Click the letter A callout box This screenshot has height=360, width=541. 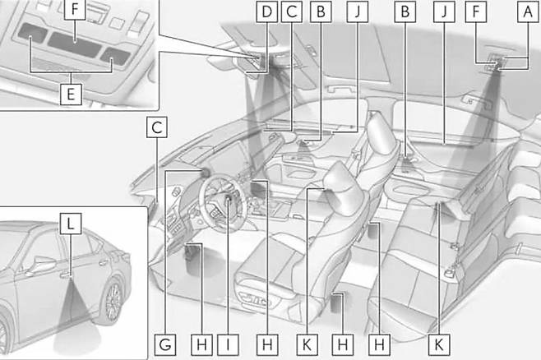[528, 12]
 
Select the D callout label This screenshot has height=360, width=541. [266, 12]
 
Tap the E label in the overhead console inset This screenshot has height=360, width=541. [71, 95]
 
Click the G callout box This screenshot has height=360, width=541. [165, 344]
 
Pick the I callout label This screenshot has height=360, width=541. [228, 344]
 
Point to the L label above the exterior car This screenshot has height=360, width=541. [71, 224]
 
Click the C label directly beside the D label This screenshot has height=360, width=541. [292, 12]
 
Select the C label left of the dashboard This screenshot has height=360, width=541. [157, 127]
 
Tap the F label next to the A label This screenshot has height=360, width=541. [476, 12]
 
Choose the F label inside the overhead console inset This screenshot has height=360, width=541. [75, 9]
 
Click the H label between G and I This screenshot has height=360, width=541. [201, 344]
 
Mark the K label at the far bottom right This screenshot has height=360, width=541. [439, 344]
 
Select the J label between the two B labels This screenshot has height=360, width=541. [358, 12]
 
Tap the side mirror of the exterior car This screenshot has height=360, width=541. [44, 264]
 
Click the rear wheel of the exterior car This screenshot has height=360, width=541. [112, 300]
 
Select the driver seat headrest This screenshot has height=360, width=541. [341, 185]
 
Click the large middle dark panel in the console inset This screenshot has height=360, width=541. [75, 44]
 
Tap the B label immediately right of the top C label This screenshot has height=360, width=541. [321, 12]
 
